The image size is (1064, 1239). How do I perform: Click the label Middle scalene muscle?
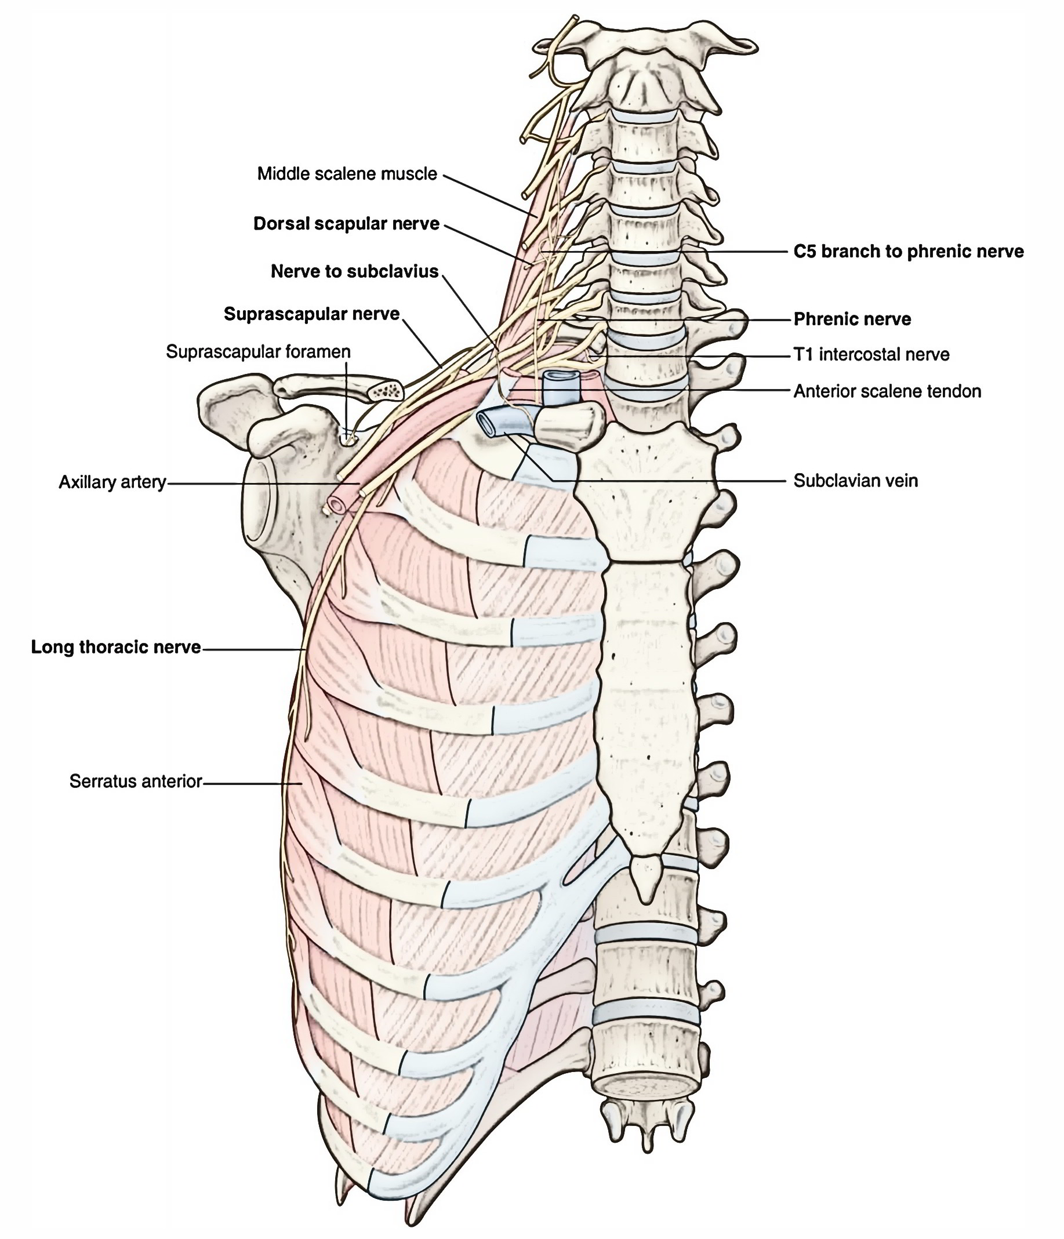347,174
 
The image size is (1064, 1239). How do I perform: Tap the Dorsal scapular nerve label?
346,224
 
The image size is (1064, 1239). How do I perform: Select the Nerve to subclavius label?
355,271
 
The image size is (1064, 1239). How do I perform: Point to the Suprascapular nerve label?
311,314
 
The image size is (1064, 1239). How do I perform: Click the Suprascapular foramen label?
258,351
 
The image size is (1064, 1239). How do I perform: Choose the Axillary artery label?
112,482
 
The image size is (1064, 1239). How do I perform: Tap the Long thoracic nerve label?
116,647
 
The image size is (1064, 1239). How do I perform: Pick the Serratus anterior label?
136,781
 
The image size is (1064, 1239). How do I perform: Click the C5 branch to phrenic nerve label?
908,252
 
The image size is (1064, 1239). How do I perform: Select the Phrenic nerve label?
852,319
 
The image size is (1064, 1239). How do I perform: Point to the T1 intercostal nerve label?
871,355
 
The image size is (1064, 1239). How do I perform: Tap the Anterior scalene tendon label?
887,392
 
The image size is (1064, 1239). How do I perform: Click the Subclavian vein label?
855,481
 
